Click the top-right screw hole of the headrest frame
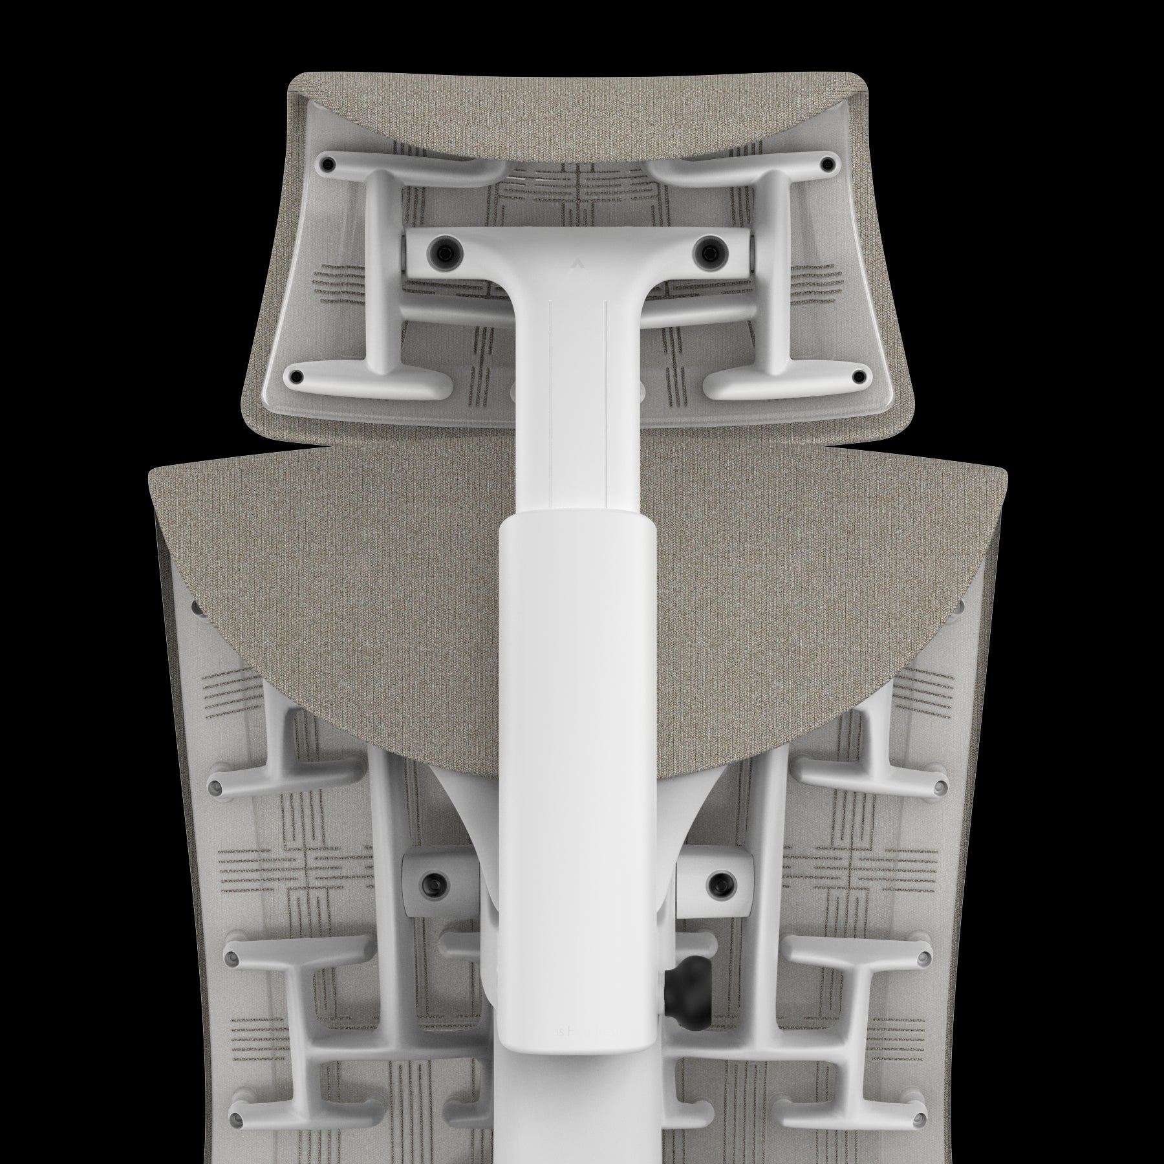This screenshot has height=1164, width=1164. click(x=828, y=164)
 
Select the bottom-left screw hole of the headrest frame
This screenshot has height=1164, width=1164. click(x=297, y=376)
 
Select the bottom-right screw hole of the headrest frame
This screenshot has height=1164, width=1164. click(x=859, y=375)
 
